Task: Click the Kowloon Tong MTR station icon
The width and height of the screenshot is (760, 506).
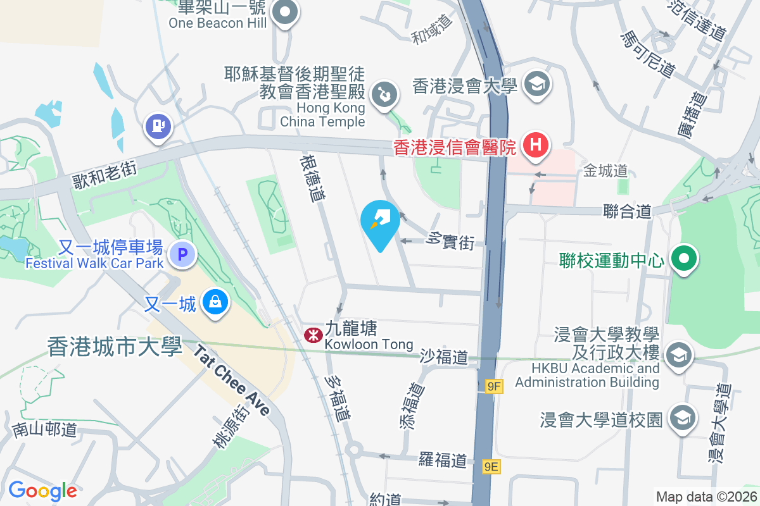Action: click(312, 335)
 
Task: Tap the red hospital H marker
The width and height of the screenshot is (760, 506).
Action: click(535, 145)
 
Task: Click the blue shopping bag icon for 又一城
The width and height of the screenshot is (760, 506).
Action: click(215, 302)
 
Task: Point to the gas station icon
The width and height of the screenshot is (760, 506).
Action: click(158, 126)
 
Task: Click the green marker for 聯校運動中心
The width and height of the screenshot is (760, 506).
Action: click(683, 259)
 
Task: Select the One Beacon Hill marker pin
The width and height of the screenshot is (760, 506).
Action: click(285, 11)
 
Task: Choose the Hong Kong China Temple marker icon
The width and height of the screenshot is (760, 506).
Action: click(384, 96)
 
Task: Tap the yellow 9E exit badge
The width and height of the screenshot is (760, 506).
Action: click(491, 467)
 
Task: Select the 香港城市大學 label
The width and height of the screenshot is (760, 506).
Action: click(115, 347)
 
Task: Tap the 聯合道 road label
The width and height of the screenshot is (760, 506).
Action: click(626, 211)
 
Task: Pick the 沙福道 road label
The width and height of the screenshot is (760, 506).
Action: click(443, 358)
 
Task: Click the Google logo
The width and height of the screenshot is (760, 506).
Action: click(42, 491)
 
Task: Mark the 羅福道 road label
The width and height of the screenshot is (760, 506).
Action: click(443, 459)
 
